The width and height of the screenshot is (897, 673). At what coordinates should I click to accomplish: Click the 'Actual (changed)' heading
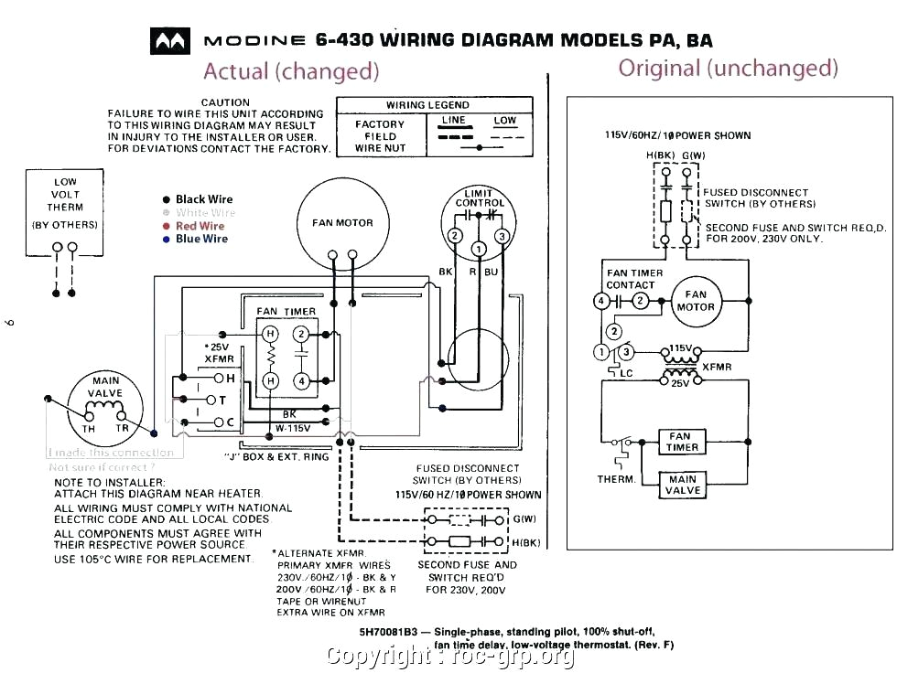[x=290, y=71]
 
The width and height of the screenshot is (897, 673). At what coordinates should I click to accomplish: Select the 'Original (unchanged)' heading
[x=728, y=68]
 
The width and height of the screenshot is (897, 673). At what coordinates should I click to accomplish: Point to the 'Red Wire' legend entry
[x=200, y=226]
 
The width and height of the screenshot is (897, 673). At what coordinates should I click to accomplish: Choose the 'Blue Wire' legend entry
[x=201, y=239]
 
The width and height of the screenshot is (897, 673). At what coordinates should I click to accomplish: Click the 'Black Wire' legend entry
[x=203, y=199]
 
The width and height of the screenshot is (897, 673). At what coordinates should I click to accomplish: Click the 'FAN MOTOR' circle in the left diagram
[x=342, y=222]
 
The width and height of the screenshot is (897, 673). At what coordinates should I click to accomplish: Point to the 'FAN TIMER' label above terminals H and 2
[x=286, y=312]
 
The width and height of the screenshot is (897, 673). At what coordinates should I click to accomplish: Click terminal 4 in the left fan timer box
[x=301, y=379]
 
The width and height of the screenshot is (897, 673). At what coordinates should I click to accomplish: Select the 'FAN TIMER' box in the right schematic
[x=683, y=442]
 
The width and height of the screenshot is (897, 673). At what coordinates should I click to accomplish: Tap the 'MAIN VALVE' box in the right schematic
[x=683, y=485]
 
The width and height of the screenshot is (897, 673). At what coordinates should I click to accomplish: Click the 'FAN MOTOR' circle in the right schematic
[x=696, y=301]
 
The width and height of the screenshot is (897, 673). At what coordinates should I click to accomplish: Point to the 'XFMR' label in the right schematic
[x=717, y=367]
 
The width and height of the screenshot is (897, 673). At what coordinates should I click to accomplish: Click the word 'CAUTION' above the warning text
[x=225, y=102]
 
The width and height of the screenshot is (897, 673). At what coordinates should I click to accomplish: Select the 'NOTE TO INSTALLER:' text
[x=110, y=482]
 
